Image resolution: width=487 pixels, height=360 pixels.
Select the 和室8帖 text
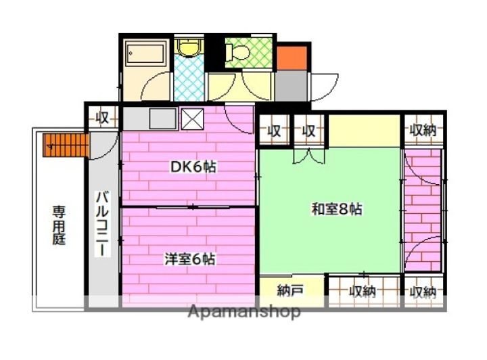click(336, 209)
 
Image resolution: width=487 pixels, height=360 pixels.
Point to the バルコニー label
click(101, 223)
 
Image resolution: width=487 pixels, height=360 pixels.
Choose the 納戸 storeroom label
click(290, 291)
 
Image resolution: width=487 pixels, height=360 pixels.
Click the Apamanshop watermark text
click(244, 312)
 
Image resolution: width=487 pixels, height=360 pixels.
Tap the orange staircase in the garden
click(67, 143)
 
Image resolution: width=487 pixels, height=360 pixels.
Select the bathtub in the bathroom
click(145, 53)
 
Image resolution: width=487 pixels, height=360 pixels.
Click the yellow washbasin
click(188, 47)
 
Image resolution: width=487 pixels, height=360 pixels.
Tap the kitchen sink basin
click(162, 119)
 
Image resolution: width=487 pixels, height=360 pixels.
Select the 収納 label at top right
click(424, 131)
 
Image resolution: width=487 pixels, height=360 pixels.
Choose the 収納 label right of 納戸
click(362, 292)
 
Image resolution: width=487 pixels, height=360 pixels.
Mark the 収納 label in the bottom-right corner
click(423, 292)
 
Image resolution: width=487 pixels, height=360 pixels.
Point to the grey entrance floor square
click(291, 85)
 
